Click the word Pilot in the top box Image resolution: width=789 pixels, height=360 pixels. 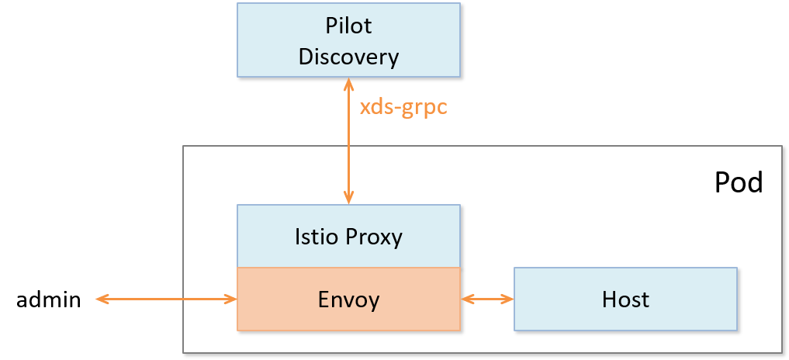[348, 26]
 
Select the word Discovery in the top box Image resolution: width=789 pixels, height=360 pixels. [348, 57]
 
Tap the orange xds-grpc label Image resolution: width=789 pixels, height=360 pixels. [403, 107]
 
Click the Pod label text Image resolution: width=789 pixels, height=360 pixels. [738, 183]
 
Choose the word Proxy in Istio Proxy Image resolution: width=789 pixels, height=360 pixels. [373, 236]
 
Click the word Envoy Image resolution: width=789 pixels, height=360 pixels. [348, 299]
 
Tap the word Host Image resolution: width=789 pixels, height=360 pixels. [625, 299]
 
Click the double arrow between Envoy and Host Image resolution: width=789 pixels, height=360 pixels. [487, 299]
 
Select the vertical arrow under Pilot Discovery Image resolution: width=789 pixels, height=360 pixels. [349, 140]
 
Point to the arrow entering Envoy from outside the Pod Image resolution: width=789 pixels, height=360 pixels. [167, 299]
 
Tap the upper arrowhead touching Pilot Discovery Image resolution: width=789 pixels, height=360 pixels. [349, 84]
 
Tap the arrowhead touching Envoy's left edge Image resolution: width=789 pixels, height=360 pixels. [230, 299]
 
